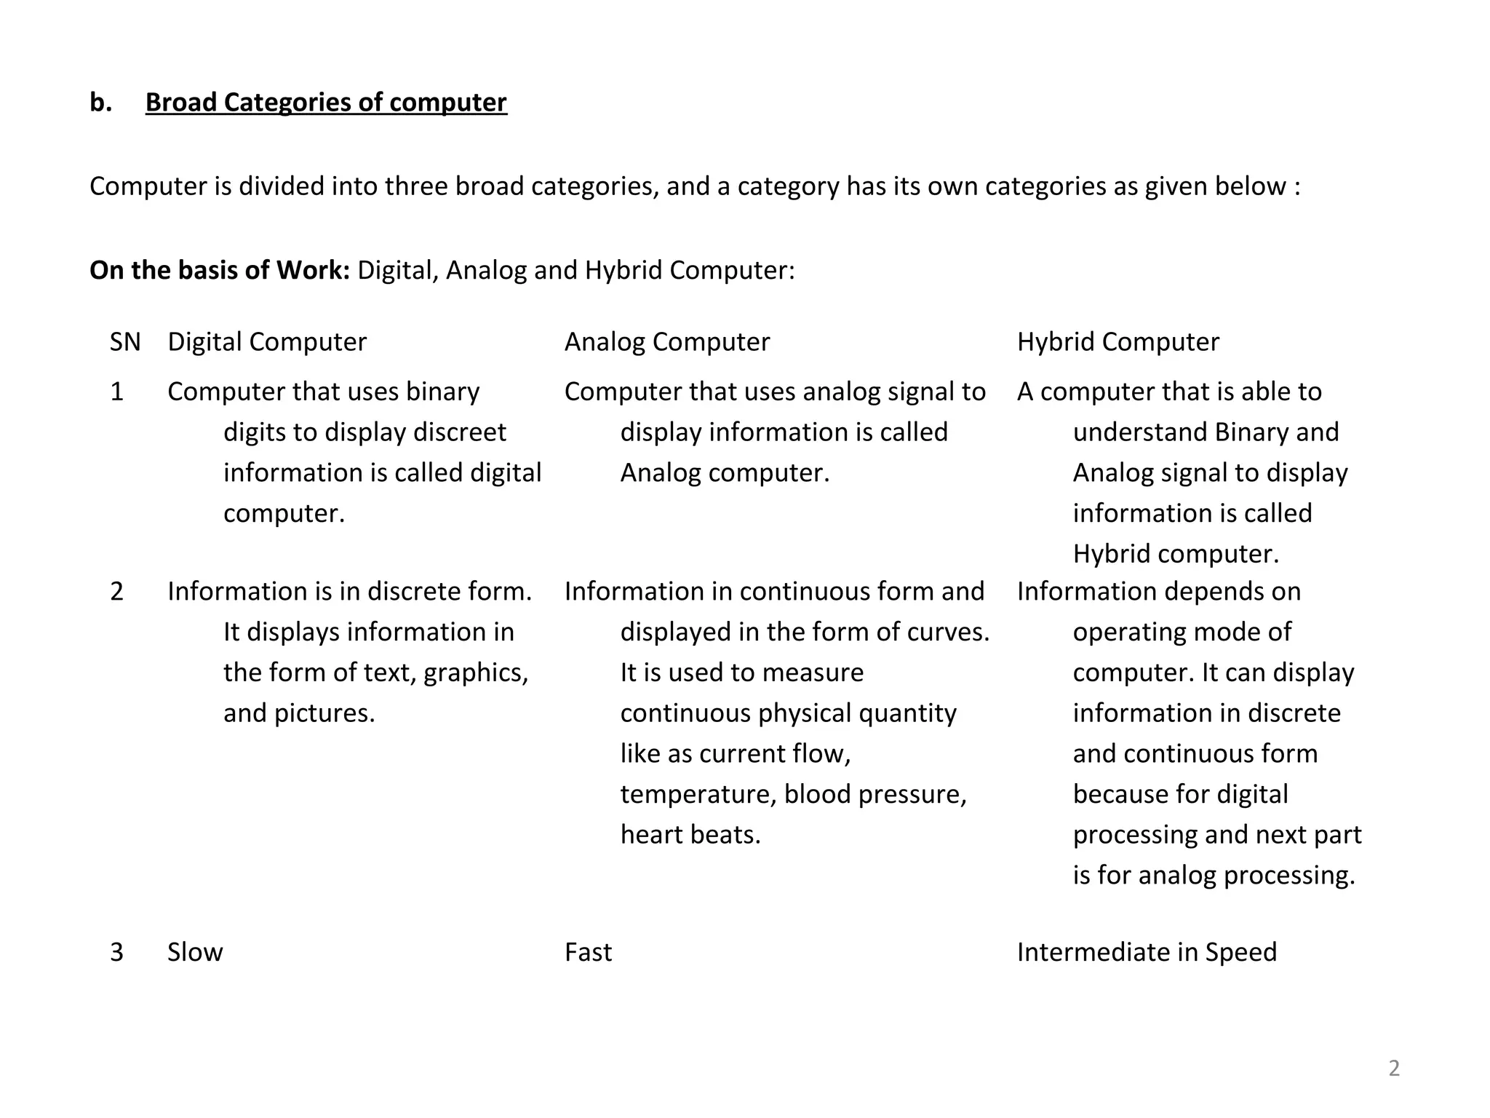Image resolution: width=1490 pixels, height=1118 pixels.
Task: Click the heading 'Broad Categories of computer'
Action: tap(326, 103)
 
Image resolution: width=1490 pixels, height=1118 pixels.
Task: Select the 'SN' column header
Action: tap(125, 342)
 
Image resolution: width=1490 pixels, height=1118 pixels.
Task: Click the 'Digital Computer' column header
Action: tap(267, 342)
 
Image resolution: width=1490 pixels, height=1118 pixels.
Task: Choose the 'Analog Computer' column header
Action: tap(666, 342)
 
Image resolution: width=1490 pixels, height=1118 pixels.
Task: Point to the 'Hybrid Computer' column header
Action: tap(1117, 342)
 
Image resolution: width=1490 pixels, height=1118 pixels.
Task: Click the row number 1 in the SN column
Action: tap(116, 392)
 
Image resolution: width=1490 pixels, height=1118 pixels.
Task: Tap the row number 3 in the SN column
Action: tap(116, 952)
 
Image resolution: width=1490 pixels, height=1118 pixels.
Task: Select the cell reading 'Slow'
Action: tap(195, 952)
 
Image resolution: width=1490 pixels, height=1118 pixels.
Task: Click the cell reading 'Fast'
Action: tap(588, 952)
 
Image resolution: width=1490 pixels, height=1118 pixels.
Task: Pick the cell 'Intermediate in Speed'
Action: tap(1147, 952)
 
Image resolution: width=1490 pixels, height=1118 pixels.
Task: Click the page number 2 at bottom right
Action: tap(1394, 1069)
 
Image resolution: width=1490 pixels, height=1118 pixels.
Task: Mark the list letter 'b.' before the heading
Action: tap(101, 103)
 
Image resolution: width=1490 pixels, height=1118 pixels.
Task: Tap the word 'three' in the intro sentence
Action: tap(416, 187)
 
